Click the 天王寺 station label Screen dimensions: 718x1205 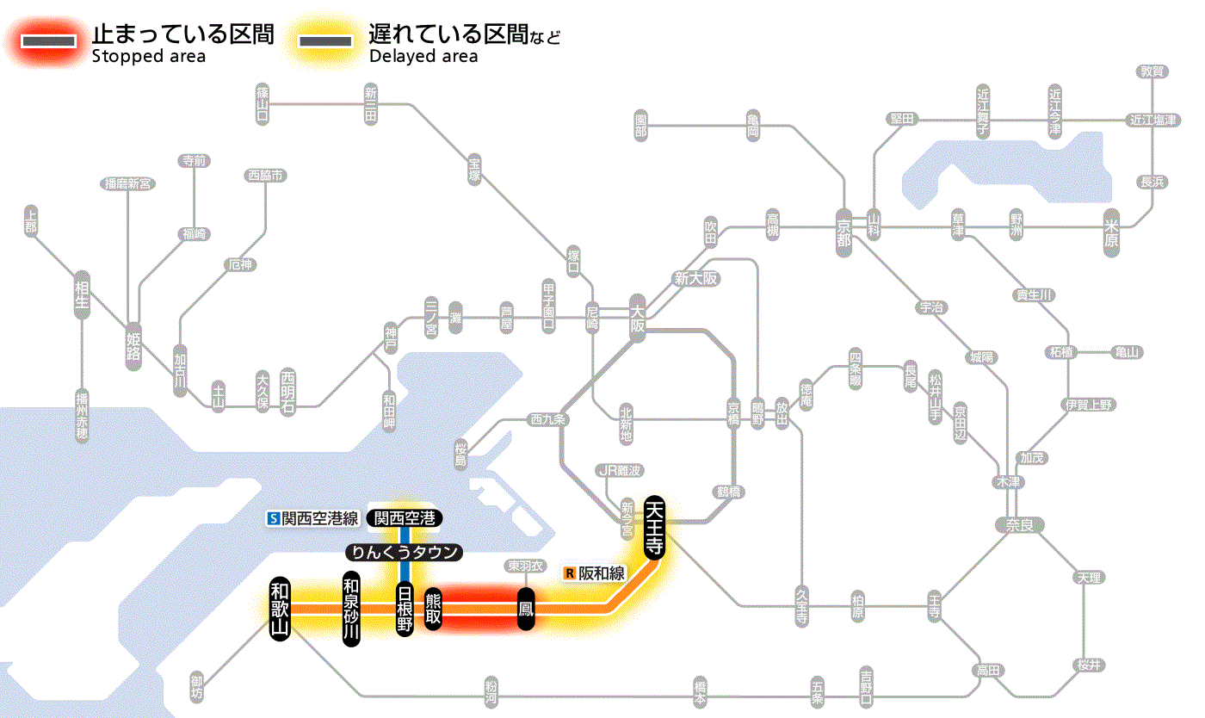click(x=654, y=527)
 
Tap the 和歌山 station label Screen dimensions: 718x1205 click(x=280, y=608)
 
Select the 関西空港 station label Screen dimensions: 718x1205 click(x=405, y=518)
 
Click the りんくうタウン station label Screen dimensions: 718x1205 click(x=404, y=553)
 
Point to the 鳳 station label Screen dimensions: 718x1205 click(x=525, y=609)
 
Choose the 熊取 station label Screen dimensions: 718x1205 click(x=433, y=609)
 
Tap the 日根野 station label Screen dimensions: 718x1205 click(x=405, y=609)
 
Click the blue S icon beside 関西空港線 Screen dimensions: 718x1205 click(x=274, y=518)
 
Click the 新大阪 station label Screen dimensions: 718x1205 click(x=696, y=279)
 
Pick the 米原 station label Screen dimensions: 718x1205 click(x=1111, y=232)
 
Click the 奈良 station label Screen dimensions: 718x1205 click(x=1018, y=524)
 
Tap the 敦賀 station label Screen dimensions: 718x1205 click(x=1152, y=71)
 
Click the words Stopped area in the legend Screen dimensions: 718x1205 click(x=149, y=57)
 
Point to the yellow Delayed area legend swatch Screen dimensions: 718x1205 click(x=325, y=40)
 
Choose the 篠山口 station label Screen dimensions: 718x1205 click(x=263, y=102)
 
